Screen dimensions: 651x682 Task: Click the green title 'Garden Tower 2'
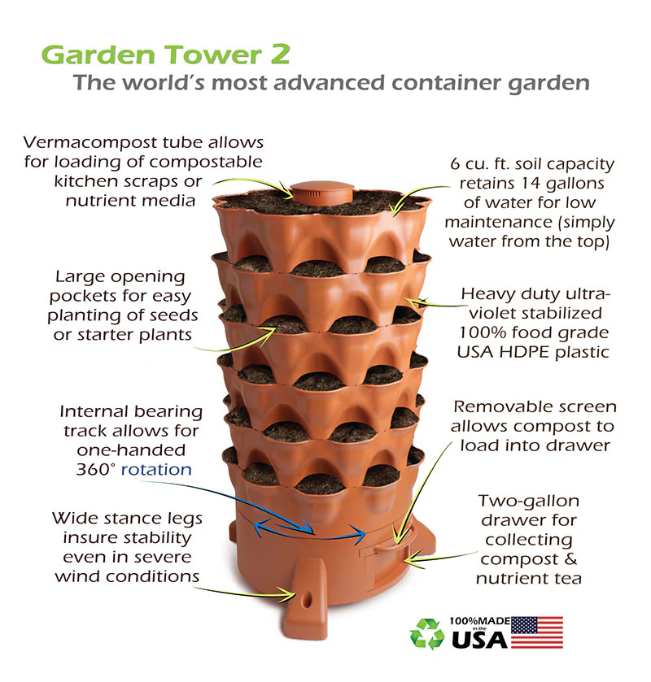click(165, 55)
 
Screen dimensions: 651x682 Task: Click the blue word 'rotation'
click(156, 469)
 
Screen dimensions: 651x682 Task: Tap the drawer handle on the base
click(394, 540)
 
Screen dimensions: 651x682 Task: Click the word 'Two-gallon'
click(529, 501)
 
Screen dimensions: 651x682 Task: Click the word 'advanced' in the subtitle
click(330, 82)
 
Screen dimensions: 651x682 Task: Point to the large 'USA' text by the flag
click(479, 640)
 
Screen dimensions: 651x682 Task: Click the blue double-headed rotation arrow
click(310, 530)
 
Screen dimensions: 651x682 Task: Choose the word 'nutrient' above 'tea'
click(511, 578)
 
